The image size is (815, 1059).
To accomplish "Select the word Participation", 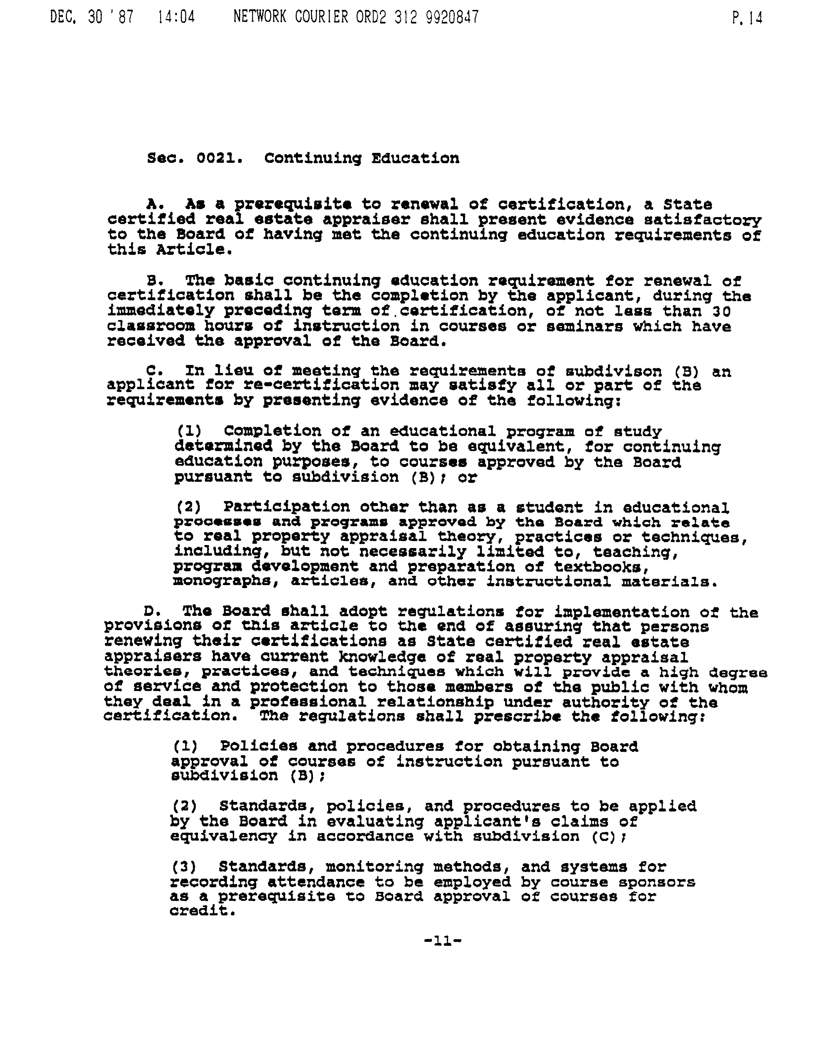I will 286,507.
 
